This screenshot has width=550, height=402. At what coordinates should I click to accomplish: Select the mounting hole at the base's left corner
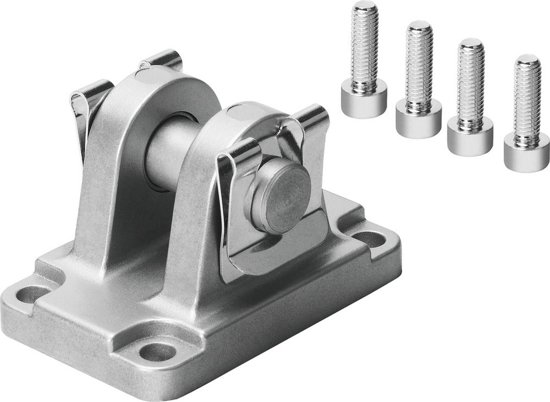point(31,295)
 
